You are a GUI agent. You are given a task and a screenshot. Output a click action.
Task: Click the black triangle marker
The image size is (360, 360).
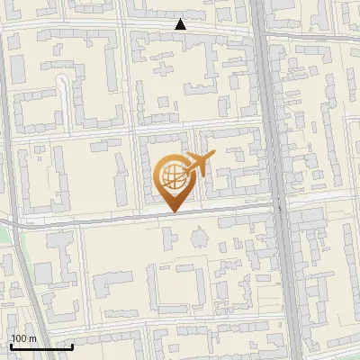click(x=181, y=24)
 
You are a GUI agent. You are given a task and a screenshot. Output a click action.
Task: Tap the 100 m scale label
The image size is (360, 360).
click(x=24, y=337)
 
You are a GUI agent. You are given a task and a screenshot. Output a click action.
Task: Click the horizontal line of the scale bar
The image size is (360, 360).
click(x=41, y=346)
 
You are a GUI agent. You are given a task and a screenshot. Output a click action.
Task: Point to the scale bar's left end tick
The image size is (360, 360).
click(x=11, y=345)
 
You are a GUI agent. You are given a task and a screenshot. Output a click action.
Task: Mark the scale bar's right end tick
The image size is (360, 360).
click(x=72, y=345)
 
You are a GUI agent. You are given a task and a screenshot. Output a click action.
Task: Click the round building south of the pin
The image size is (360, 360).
click(x=198, y=238)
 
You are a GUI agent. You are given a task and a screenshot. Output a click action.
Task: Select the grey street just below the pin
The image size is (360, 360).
click(x=135, y=216)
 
